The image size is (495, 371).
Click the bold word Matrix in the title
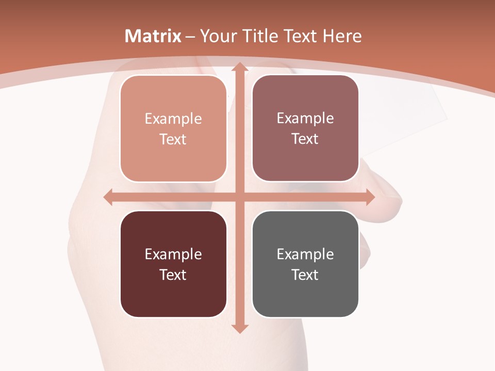153,36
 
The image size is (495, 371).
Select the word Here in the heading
342,36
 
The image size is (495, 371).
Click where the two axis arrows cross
239,197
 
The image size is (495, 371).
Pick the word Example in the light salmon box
173,119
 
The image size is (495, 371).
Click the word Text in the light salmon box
173,140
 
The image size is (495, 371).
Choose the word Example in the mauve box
305,119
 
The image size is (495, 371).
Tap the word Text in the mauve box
305,139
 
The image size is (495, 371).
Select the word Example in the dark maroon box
173,254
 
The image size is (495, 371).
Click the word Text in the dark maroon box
173,275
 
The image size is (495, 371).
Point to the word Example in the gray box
305,254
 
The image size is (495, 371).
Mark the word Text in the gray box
305,275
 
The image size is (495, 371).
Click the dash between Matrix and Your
190,37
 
